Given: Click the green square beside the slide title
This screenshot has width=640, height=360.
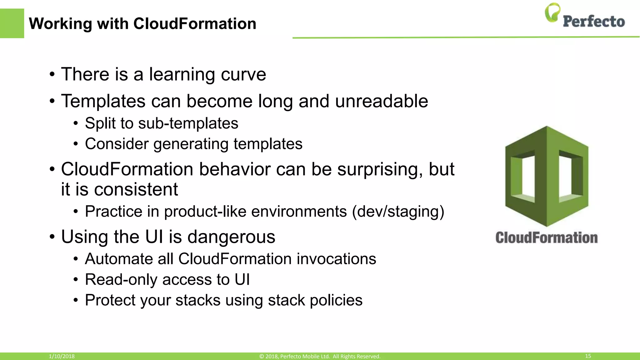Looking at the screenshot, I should tap(12, 23).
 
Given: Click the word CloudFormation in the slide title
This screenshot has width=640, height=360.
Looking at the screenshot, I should tap(195, 24).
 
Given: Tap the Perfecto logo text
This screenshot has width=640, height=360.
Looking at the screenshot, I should tap(593, 22).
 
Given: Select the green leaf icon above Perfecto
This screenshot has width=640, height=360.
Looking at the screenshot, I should tap(552, 12).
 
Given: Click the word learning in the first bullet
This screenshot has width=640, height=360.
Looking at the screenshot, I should tap(182, 74).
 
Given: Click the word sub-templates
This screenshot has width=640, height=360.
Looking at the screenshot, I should tap(188, 123).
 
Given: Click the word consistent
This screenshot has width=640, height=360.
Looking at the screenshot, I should tap(136, 189).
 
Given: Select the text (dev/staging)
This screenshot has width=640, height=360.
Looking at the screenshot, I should tap(398, 212).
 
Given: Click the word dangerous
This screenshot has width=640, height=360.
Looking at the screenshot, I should tap(231, 237).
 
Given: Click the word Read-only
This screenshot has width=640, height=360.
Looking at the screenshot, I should tap(121, 279).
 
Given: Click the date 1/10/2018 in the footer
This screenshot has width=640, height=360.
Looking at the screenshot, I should tap(62, 356).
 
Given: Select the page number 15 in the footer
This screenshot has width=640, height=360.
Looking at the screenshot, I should tap(588, 356).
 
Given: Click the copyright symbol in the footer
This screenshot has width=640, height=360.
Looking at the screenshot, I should tap(262, 356).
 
